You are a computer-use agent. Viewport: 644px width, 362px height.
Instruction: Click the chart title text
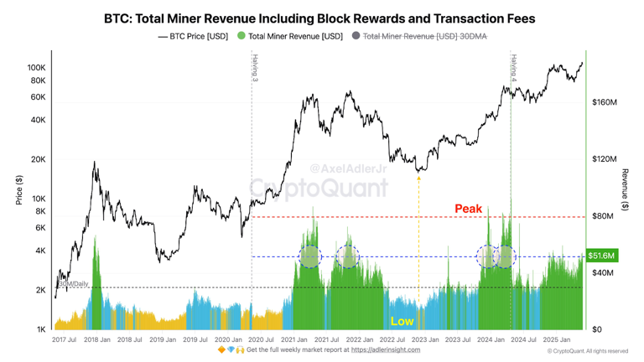click(x=319, y=18)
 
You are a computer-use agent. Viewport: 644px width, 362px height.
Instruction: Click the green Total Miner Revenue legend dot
click(x=241, y=36)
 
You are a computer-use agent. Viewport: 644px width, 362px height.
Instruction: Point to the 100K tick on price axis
click(x=36, y=68)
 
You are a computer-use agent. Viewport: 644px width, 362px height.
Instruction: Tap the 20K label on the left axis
click(x=39, y=159)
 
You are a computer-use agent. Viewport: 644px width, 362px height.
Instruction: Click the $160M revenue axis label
click(x=604, y=102)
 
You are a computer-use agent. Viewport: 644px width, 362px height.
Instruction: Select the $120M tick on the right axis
click(x=604, y=159)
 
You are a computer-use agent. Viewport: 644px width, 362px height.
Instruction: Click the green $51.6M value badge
click(x=601, y=256)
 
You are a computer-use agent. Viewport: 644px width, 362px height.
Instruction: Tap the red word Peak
click(x=468, y=209)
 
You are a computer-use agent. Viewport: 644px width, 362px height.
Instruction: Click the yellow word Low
click(x=402, y=321)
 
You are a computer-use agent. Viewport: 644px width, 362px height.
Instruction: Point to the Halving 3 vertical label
click(x=255, y=68)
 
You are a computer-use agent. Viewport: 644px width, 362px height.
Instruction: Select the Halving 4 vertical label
click(x=513, y=68)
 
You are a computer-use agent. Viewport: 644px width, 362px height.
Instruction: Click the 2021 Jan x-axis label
click(x=293, y=339)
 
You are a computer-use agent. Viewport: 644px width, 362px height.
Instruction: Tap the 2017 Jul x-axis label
click(x=65, y=339)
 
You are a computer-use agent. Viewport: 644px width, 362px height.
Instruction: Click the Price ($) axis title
click(x=19, y=190)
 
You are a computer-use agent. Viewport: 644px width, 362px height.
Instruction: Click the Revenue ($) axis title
click(x=625, y=190)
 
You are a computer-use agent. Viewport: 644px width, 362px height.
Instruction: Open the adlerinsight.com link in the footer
click(x=385, y=350)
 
